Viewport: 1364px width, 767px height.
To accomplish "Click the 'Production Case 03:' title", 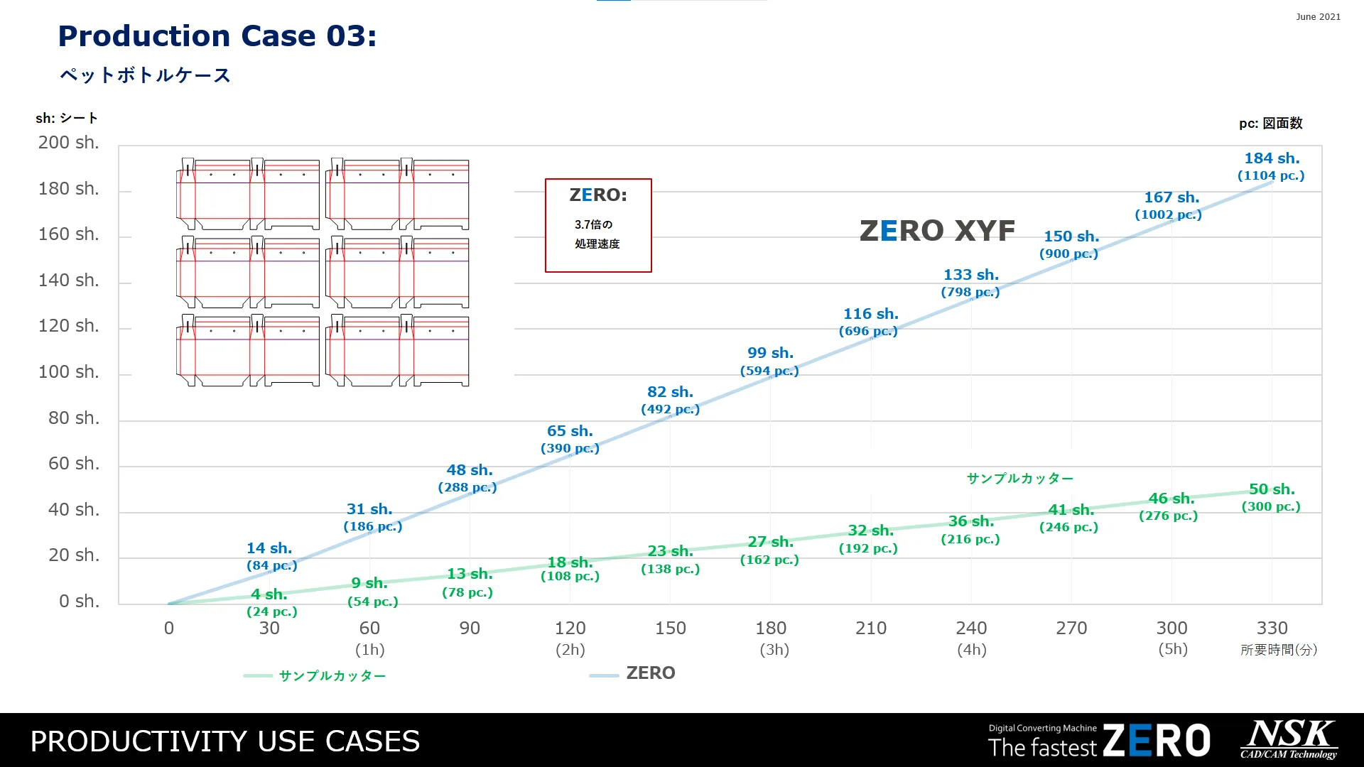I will coord(217,36).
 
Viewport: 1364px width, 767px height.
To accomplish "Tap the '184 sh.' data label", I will coord(1271,158).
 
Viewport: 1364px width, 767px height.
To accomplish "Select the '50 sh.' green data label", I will coord(1271,489).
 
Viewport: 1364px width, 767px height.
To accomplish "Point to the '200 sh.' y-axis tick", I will coord(68,143).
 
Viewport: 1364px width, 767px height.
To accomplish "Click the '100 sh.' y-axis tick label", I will coord(68,372).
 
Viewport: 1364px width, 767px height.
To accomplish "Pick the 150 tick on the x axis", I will coord(670,629).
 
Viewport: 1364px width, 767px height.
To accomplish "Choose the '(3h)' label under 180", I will coord(774,650).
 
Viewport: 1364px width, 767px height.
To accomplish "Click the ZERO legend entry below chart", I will coord(649,673).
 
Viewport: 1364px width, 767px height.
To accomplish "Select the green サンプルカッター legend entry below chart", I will coord(332,676).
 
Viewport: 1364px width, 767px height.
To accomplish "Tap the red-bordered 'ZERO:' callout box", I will coord(598,225).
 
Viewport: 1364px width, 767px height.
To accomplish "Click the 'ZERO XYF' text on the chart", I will coord(937,231).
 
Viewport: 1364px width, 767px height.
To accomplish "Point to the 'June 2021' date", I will coord(1318,17).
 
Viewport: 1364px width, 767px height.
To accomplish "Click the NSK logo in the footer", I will coord(1289,739).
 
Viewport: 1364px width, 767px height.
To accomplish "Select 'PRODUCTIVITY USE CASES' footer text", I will coord(225,741).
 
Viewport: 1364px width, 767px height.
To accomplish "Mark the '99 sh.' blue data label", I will coord(770,353).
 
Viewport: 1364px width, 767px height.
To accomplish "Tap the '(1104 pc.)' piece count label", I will coord(1271,175).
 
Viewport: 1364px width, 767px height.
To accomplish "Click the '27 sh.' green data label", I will coord(770,542).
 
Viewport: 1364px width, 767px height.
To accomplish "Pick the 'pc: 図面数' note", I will coord(1270,124).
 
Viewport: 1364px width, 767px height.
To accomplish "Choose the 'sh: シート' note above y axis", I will coord(67,119).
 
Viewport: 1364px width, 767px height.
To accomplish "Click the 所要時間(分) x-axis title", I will coord(1279,650).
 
